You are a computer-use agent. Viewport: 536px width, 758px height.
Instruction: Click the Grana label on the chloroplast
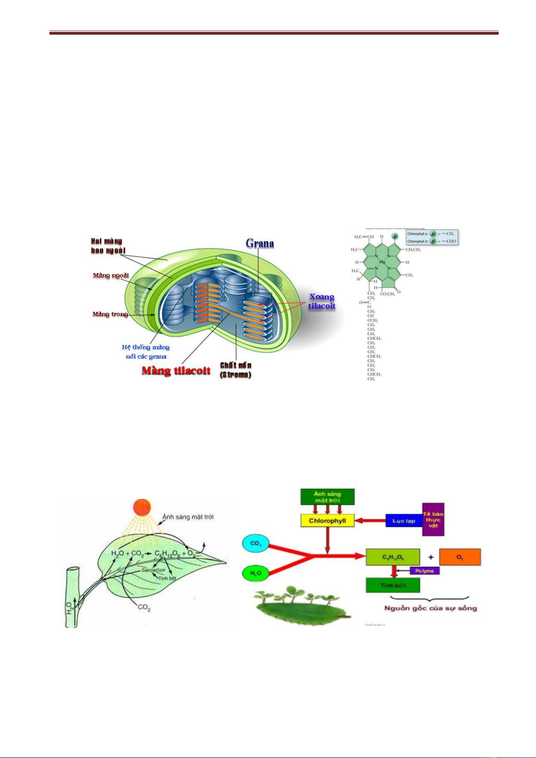tap(259, 243)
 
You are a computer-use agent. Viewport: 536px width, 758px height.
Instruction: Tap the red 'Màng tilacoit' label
tap(176, 371)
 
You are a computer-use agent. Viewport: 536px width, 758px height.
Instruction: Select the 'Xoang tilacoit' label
tap(322, 301)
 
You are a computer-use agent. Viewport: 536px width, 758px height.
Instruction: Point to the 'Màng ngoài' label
tap(111, 275)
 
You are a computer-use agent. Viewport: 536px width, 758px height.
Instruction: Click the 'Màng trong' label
tap(110, 314)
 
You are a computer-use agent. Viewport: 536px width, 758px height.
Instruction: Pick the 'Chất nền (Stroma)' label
tap(236, 370)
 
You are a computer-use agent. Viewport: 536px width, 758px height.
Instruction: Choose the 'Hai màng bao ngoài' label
tap(108, 246)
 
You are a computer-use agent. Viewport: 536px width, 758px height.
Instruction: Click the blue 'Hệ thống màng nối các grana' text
tap(146, 352)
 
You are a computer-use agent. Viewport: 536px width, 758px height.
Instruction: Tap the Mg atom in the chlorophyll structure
tap(382, 261)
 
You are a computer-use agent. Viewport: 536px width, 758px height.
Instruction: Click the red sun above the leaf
tap(143, 507)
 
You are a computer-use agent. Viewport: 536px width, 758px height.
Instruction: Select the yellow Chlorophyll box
tap(327, 521)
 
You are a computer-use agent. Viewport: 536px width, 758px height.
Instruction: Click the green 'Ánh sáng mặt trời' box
tap(327, 497)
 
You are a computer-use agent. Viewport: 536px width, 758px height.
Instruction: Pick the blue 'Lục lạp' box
tap(403, 521)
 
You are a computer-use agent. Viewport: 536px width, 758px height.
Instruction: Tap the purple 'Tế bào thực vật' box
tap(433, 520)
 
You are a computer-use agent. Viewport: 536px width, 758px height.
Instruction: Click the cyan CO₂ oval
tap(255, 543)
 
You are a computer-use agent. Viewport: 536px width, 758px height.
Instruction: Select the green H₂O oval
tap(255, 573)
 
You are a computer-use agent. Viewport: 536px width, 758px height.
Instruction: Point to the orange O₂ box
tap(460, 557)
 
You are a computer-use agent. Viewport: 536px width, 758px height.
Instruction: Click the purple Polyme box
tap(424, 571)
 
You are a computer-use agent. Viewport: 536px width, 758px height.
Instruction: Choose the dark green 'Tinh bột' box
tap(393, 585)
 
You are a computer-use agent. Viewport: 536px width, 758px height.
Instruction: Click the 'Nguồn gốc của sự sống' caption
tap(430, 608)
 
